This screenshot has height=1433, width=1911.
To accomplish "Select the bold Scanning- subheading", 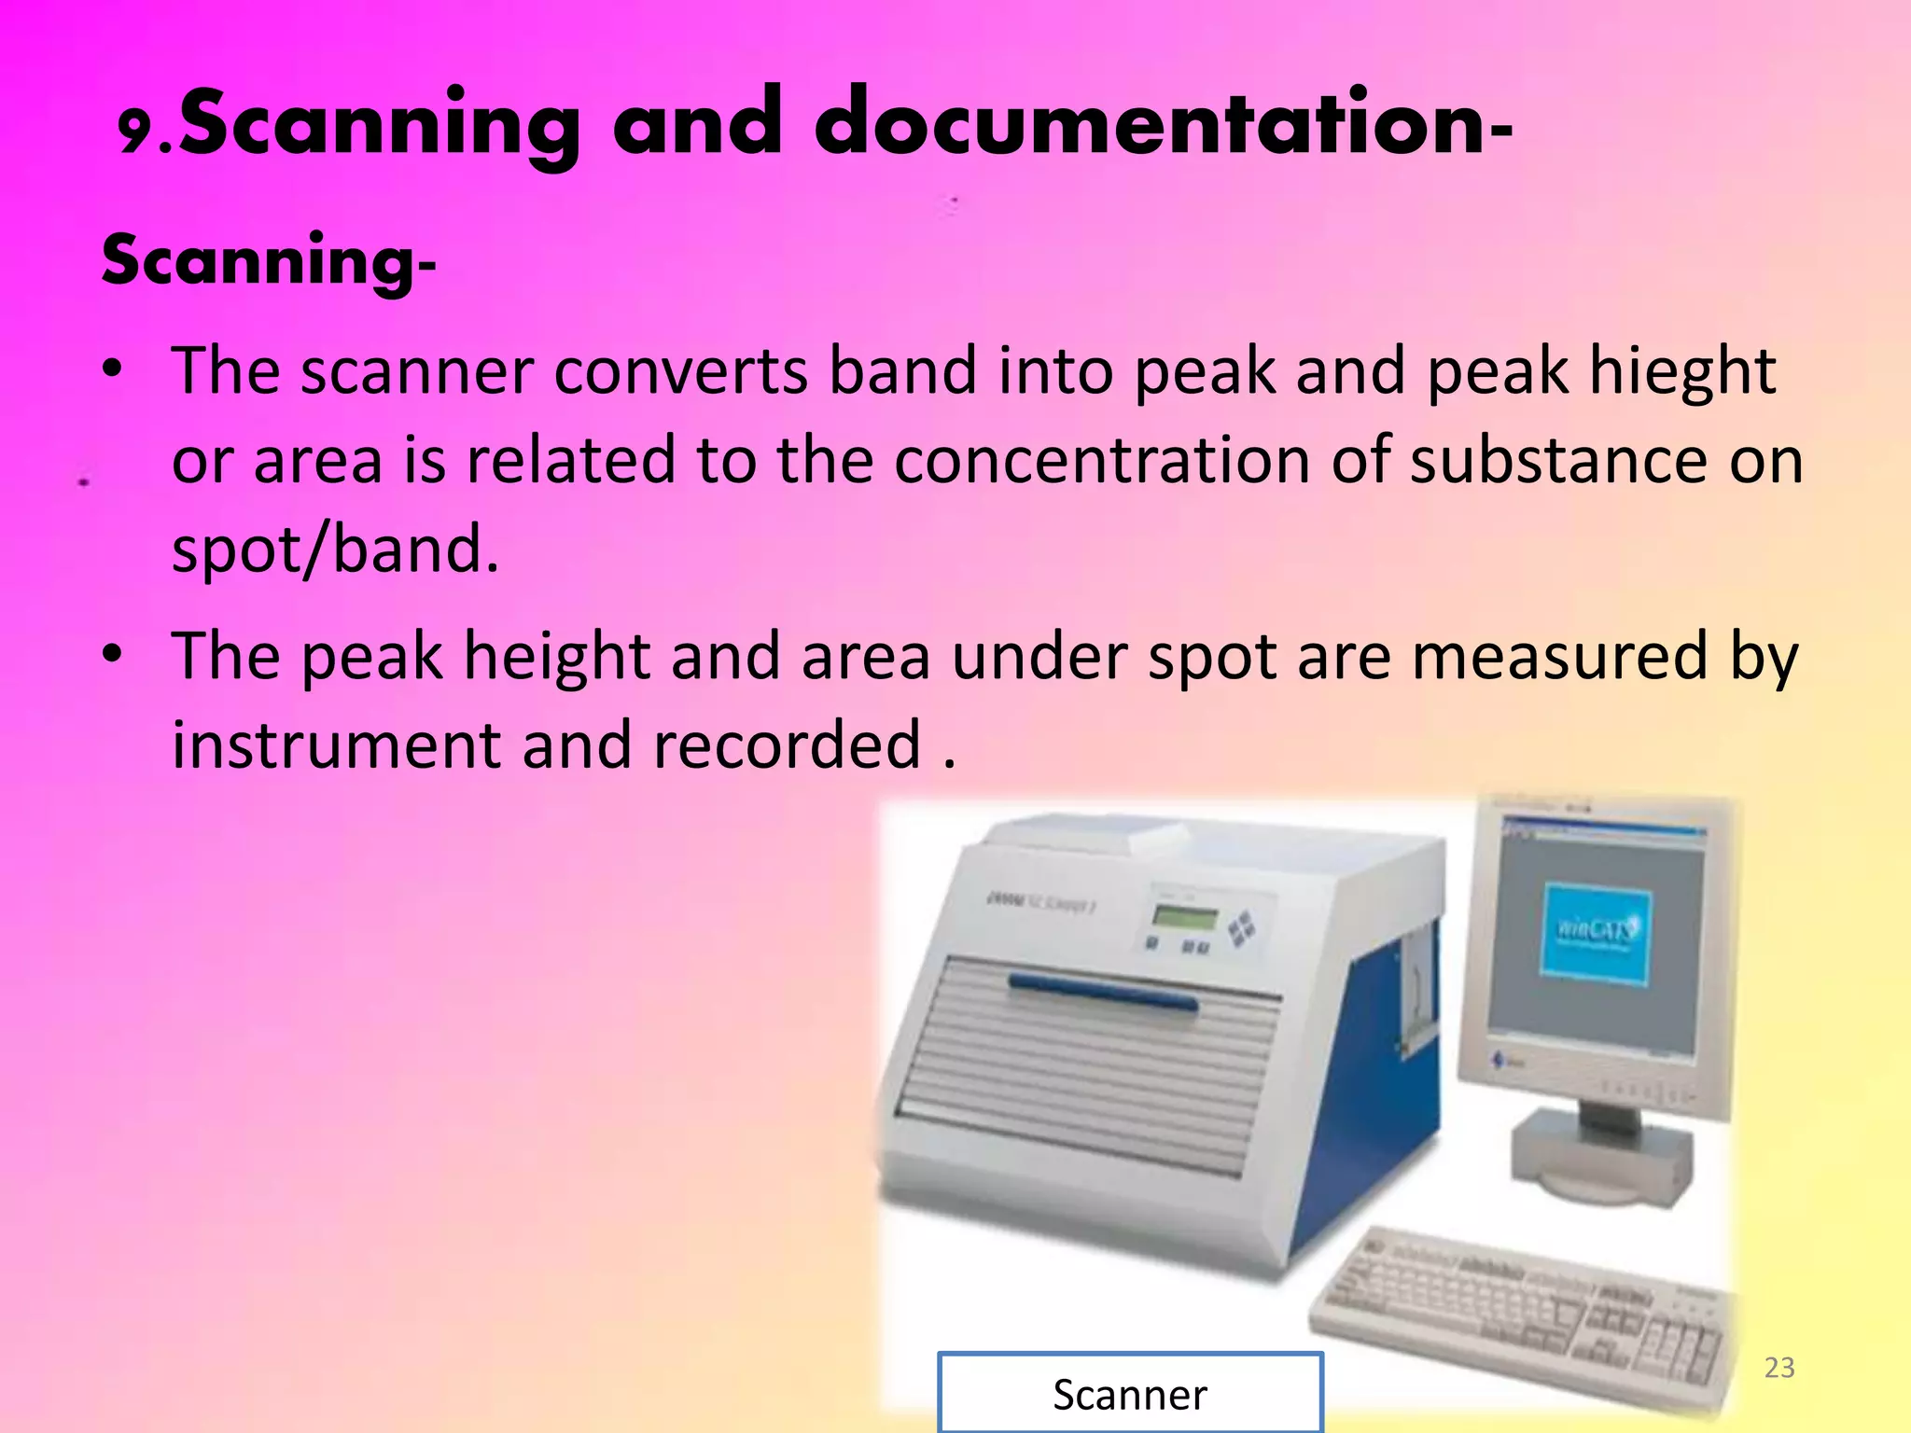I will (x=269, y=261).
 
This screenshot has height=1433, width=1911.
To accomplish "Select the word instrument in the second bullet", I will (x=336, y=746).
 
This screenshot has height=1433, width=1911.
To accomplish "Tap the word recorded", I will (x=787, y=746).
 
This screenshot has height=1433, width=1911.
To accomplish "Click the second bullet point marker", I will (x=113, y=656).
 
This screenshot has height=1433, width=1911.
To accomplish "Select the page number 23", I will (x=1779, y=1368).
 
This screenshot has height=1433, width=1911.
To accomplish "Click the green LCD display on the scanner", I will (x=1185, y=917).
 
